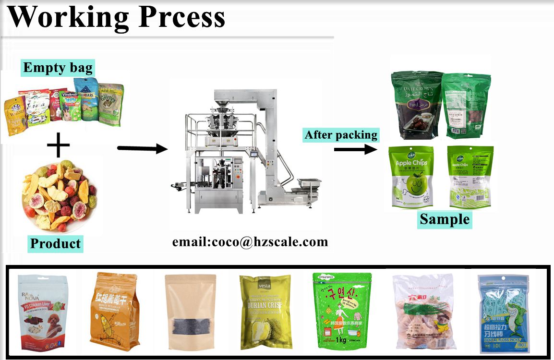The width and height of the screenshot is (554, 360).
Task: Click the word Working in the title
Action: pyautogui.click(x=67, y=17)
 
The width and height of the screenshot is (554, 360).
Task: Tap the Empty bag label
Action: pyautogui.click(x=58, y=67)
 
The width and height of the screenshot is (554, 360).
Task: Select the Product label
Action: pyautogui.click(x=55, y=243)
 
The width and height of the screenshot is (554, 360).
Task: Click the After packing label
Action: pyautogui.click(x=341, y=135)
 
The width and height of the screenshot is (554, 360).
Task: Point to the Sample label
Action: pyautogui.click(x=445, y=219)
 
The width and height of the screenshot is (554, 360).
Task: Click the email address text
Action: pyautogui.click(x=250, y=241)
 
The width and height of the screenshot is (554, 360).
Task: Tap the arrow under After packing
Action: pyautogui.click(x=356, y=149)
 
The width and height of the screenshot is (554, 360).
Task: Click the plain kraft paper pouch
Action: pyautogui.click(x=190, y=311)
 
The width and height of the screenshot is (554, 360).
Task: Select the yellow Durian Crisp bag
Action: pyautogui.click(x=265, y=312)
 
